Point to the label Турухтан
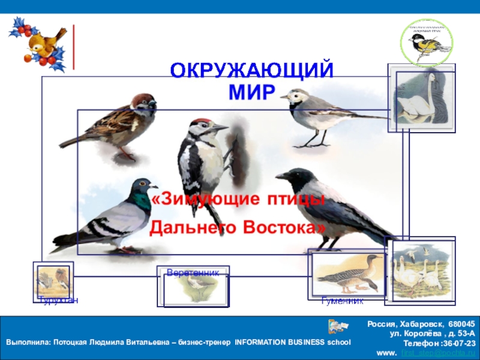click(58, 299)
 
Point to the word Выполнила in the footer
click(28, 343)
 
